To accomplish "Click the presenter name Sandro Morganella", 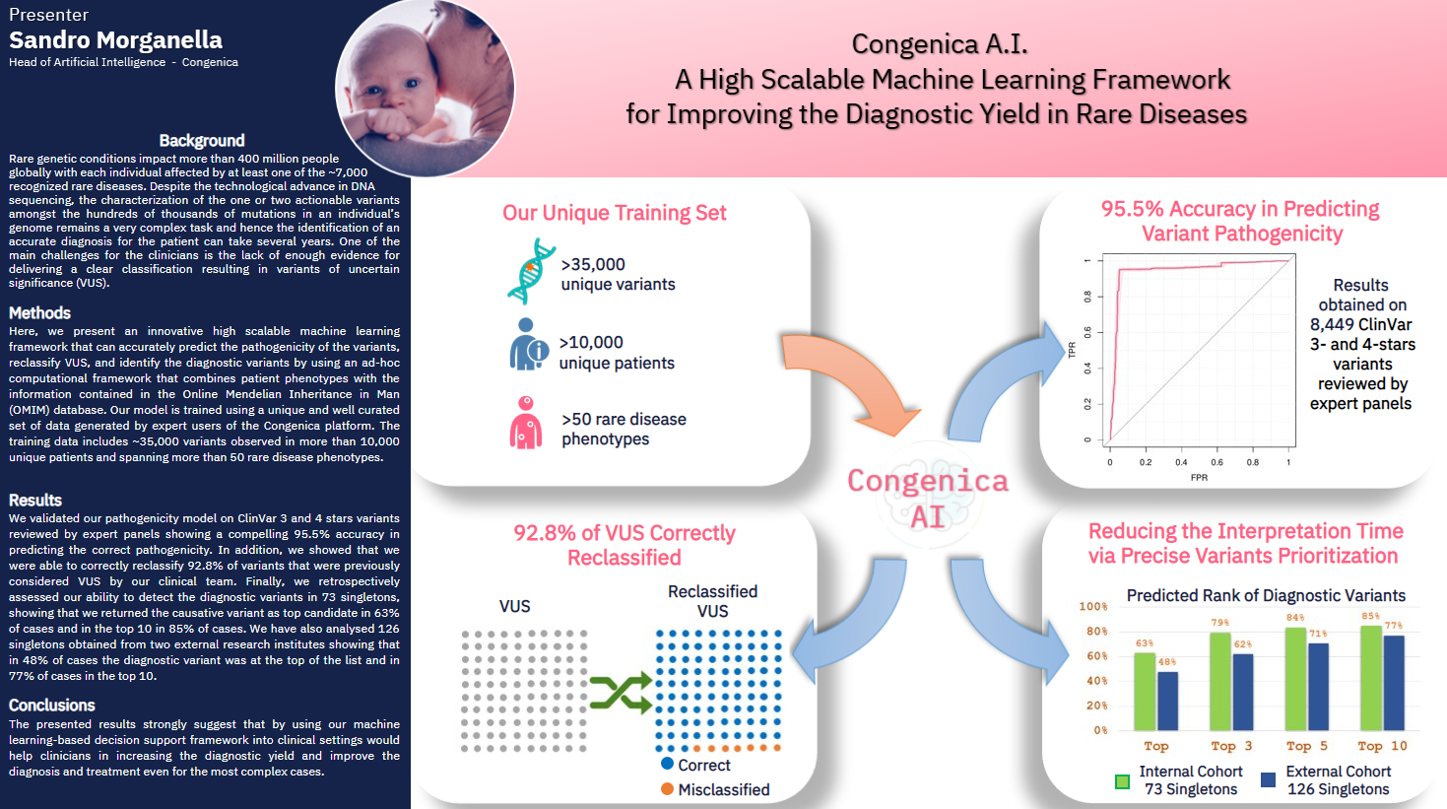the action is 115,40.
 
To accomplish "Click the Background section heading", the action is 202,140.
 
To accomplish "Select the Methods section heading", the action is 39,312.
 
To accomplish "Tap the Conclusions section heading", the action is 51,705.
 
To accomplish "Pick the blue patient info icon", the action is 528,345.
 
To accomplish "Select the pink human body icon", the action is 526,423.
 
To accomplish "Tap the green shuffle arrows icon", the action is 621,692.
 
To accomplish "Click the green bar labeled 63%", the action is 1145,692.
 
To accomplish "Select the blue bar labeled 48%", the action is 1167,701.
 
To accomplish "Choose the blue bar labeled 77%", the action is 1394,683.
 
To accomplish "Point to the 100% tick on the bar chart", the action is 1093,606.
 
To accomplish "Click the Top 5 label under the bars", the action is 1307,746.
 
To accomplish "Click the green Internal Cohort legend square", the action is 1123,781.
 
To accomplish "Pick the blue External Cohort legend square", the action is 1268,779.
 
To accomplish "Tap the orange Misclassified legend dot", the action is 667,789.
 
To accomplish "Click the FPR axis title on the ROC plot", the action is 1199,478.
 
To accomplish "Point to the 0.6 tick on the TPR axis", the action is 1087,333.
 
